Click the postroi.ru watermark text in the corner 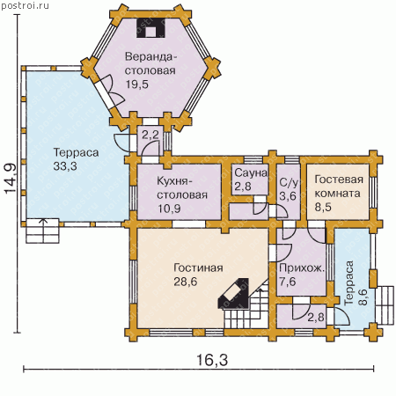point(26,5)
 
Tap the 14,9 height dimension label point(11,179)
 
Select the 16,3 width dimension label point(212,360)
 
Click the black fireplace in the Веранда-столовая point(150,28)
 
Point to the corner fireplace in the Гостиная point(233,293)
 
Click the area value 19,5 point(137,84)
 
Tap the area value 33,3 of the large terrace point(65,166)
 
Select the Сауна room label point(251,172)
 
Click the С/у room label point(289,182)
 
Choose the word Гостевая point(339,180)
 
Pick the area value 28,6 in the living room point(186,282)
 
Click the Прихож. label point(302,268)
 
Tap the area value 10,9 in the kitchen point(169,209)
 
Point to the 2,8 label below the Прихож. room point(316,317)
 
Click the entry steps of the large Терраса point(43,231)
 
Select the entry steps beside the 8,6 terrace point(385,305)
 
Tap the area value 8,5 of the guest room point(323,207)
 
